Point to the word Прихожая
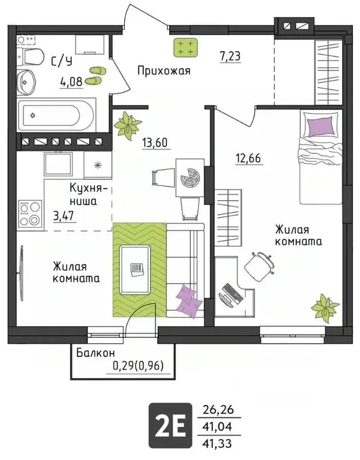tap(164, 71)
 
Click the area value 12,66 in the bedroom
tap(247, 160)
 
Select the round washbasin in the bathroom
tap(26, 80)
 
